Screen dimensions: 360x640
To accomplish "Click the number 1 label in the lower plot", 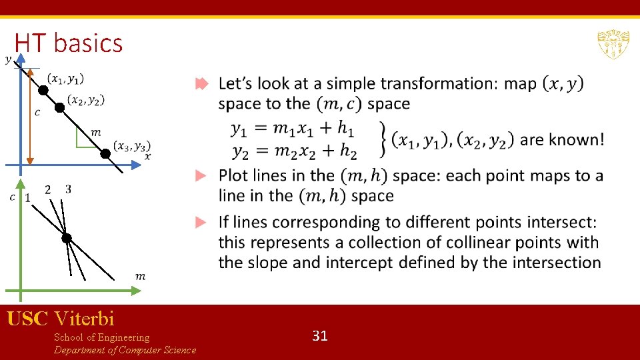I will click(x=27, y=197).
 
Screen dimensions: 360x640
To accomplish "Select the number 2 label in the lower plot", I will click(x=47, y=189).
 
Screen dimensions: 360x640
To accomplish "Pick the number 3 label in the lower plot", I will click(x=68, y=189).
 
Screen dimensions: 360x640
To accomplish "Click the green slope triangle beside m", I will click(x=82, y=137).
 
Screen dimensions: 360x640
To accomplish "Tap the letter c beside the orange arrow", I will click(x=37, y=113).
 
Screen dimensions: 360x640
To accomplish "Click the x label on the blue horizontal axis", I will click(x=147, y=156).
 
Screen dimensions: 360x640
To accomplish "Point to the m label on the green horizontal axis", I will click(x=140, y=276).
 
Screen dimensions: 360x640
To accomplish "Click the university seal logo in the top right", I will click(x=613, y=44).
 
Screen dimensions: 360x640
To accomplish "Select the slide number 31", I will click(x=320, y=335).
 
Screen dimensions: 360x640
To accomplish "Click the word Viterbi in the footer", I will click(x=85, y=318).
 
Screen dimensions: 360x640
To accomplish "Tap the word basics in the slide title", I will click(x=89, y=43).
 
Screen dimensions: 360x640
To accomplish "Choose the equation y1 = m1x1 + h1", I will click(x=293, y=129).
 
